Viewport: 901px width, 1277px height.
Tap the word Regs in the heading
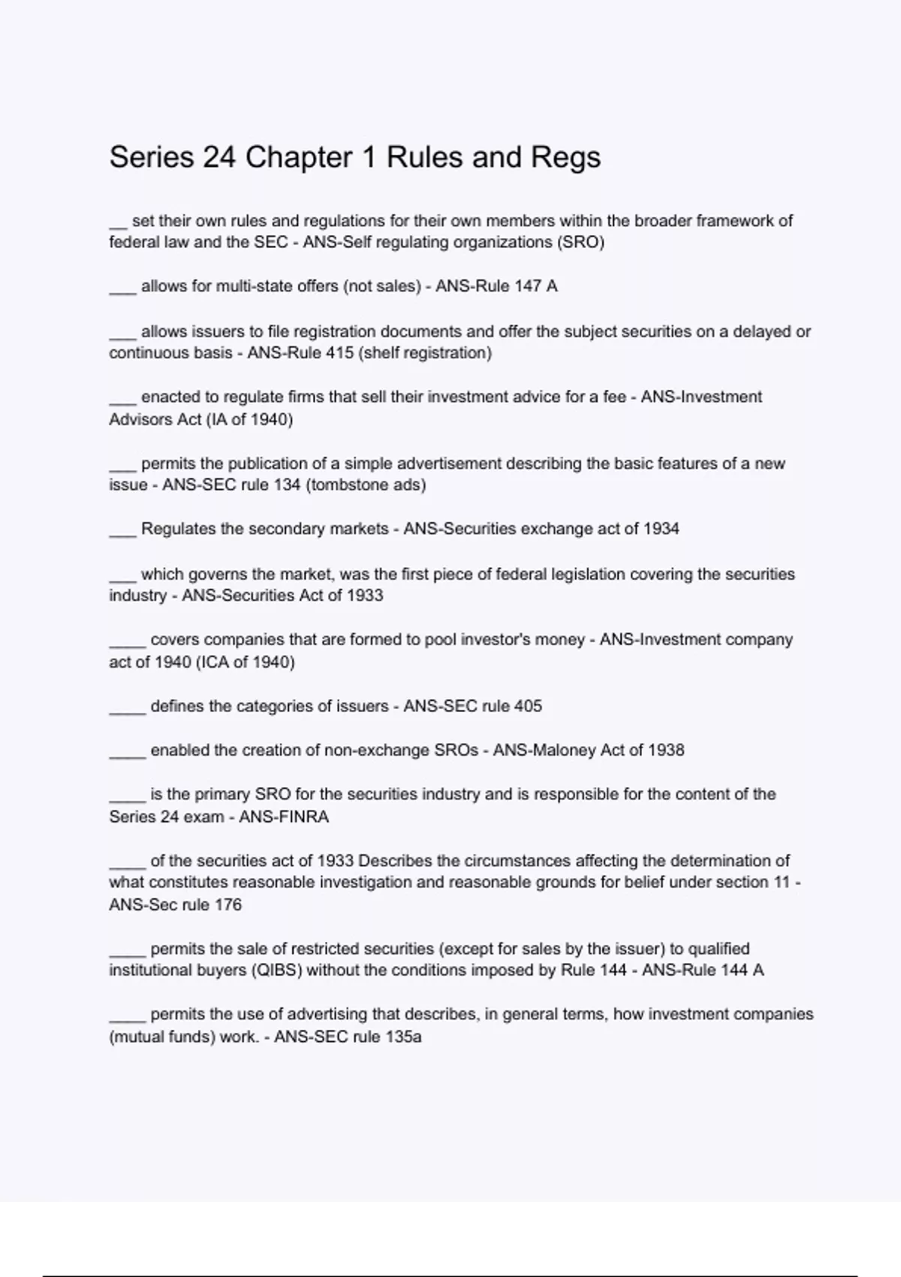[566, 158]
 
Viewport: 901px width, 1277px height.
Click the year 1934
[661, 529]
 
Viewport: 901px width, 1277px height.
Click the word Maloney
[562, 750]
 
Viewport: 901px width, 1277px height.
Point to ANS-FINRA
[284, 817]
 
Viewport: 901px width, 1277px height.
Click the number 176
[228, 905]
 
